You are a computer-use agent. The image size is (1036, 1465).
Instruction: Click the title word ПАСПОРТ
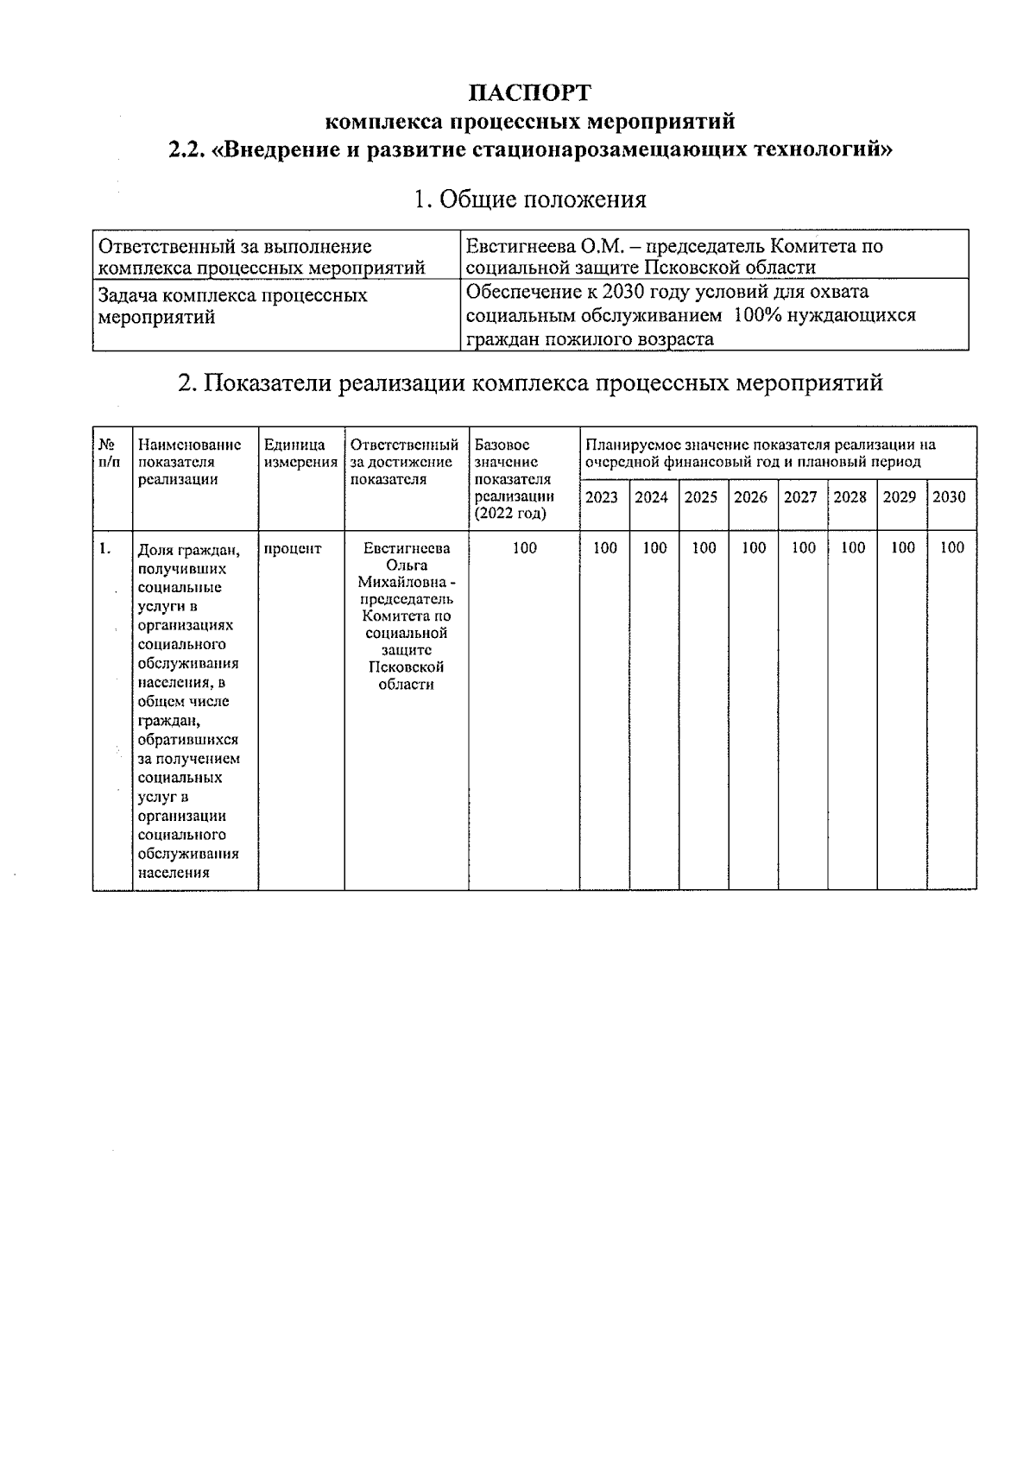[x=529, y=92]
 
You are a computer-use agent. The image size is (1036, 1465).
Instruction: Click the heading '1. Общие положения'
[x=529, y=200]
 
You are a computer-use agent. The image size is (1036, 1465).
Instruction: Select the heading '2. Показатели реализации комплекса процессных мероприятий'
[x=529, y=382]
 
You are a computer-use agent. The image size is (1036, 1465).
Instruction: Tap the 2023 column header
[x=602, y=497]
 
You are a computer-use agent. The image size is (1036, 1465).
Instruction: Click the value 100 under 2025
[x=704, y=547]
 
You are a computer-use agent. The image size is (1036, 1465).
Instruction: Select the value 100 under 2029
[x=902, y=547]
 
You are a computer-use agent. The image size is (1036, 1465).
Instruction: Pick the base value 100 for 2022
[x=524, y=547]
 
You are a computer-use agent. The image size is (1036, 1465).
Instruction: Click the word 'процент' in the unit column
[x=293, y=549]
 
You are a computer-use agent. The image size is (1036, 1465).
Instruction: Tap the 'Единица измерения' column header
[x=300, y=453]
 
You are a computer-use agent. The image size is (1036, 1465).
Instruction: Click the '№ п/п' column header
[x=109, y=453]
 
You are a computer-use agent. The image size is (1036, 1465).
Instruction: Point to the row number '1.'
[x=104, y=548]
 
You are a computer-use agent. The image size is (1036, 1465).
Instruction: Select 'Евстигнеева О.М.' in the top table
[x=526, y=247]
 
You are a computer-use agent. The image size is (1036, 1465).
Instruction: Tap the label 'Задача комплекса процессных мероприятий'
[x=232, y=306]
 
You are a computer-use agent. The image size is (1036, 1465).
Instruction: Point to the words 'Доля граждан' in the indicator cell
[x=189, y=550]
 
